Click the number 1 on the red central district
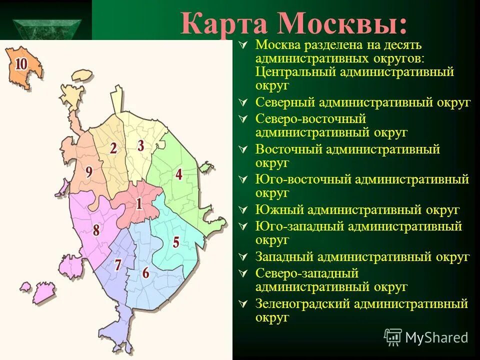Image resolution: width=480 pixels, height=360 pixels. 138,203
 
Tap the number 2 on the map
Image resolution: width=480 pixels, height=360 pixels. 113,148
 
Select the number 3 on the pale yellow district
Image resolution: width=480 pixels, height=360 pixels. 141,145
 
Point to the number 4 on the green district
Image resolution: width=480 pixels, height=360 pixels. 178,174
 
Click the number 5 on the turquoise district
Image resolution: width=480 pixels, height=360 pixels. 176,242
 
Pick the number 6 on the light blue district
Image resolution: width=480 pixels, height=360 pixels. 145,272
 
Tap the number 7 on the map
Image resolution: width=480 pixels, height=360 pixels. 117,264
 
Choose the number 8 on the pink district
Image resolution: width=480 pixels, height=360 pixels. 96,230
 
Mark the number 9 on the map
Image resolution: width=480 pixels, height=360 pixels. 88,172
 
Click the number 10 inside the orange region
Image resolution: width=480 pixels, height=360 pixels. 21,64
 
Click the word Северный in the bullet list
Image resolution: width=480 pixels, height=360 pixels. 284,102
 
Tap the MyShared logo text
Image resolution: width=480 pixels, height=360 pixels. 436,337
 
